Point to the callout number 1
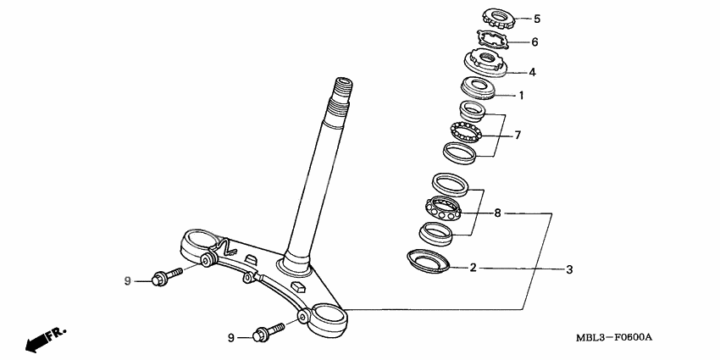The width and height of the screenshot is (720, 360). (522, 96)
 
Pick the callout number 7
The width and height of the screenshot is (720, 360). (518, 135)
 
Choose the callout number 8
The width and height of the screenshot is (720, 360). (497, 213)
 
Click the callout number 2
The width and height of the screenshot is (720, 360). (474, 269)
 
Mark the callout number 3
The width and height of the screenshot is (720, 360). (569, 269)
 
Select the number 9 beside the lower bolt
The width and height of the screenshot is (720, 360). (230, 337)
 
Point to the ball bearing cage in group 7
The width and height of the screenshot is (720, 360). (466, 133)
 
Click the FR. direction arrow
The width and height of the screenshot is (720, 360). (44, 339)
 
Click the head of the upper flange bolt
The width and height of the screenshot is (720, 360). (158, 279)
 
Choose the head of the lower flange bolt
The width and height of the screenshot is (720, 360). (261, 336)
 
